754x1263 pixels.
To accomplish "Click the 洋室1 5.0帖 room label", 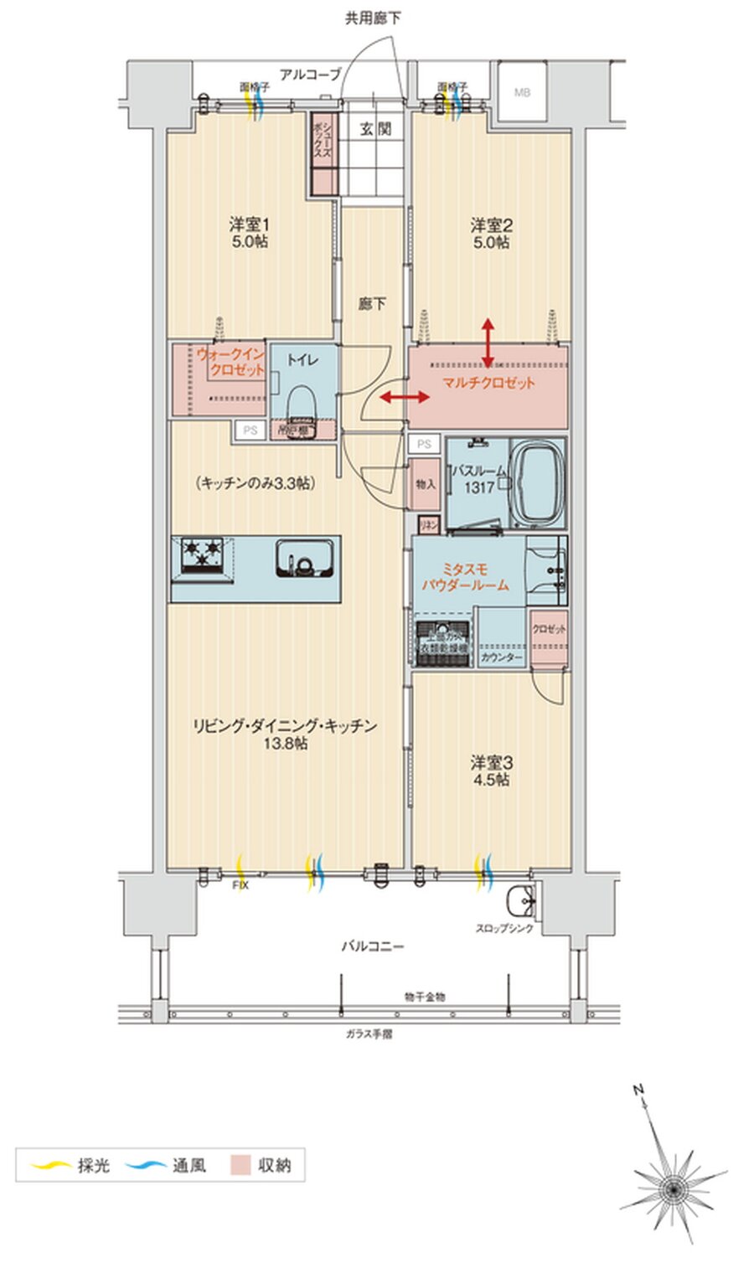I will [x=249, y=234].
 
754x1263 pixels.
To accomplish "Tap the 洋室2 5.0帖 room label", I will [x=491, y=234].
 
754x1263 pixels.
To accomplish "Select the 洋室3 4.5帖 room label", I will [x=491, y=771].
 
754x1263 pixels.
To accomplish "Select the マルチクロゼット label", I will [x=488, y=383].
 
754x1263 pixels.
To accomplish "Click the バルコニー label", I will [x=373, y=946].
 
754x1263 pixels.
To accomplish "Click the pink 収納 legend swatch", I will [x=241, y=1165].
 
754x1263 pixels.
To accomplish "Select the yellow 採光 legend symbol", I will [x=49, y=1165].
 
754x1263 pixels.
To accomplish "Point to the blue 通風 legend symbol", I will [x=146, y=1165].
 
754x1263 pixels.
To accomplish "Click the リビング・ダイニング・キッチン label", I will [x=284, y=733].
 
